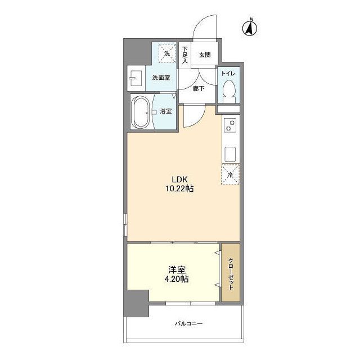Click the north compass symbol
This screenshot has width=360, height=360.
coord(250,29)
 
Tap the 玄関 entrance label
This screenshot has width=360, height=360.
coord(205,55)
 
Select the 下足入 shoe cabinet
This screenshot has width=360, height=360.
coord(185,55)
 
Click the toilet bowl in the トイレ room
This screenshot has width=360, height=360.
coord(229,91)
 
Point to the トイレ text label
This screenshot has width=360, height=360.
coord(228,74)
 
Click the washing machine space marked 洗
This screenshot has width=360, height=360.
coord(167,53)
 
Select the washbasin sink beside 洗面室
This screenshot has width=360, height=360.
coord(136,78)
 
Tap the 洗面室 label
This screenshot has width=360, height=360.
coord(161,78)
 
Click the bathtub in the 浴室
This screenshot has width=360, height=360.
coord(141,112)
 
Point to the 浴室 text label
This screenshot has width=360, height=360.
coord(166,111)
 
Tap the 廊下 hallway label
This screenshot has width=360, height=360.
coord(199,88)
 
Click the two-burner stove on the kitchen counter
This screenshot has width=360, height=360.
coord(231,125)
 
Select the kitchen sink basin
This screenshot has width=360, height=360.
coord(231,154)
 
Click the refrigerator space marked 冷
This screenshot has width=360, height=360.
coord(230,174)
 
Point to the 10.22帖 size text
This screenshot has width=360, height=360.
coord(179,189)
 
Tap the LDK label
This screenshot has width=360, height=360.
coord(179,179)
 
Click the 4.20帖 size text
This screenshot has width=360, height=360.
coord(177,279)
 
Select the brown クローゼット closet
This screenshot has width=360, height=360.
coord(231,272)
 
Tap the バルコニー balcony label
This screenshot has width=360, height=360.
coord(189,324)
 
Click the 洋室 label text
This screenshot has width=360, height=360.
coord(177,269)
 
